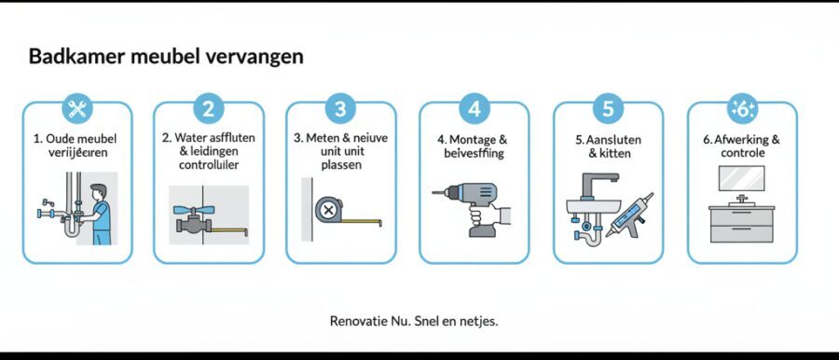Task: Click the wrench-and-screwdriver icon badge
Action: tap(77, 108)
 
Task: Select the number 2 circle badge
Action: tap(209, 108)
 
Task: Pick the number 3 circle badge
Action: tap(340, 108)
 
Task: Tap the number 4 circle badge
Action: tap(474, 108)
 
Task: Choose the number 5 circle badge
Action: tap(608, 108)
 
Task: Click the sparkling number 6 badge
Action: tap(742, 108)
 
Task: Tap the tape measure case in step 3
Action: tap(328, 211)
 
